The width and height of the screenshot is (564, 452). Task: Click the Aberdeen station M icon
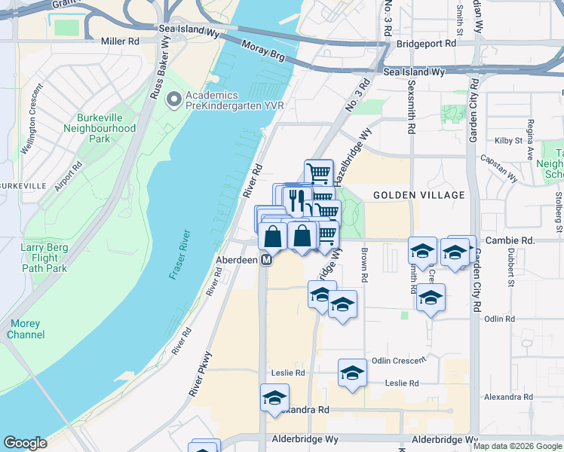[267, 259]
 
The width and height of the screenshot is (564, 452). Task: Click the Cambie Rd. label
[510, 240]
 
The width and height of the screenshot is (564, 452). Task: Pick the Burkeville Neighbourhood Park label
[106, 129]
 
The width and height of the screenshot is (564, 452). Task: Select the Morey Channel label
[26, 329]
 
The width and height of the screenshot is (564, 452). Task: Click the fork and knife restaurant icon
[296, 200]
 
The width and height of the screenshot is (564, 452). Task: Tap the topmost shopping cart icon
[319, 172]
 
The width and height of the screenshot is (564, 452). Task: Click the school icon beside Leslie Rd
[352, 372]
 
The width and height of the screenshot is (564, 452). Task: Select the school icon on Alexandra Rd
[274, 397]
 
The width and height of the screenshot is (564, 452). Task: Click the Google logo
[25, 443]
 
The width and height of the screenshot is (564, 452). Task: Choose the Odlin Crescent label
[399, 361]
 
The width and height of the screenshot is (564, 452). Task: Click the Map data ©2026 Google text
[516, 446]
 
